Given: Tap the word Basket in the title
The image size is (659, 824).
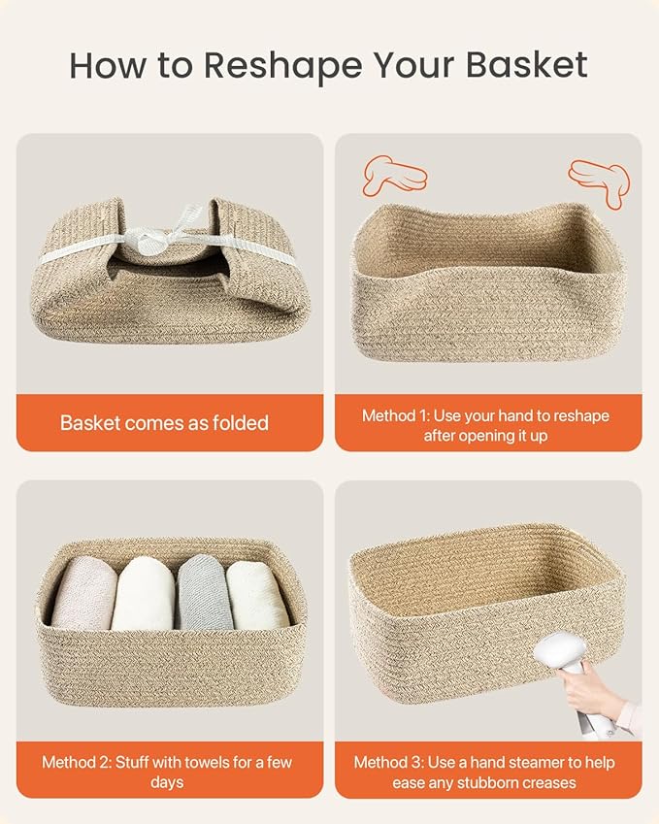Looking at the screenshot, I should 527,65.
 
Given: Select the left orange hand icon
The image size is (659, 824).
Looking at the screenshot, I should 393,176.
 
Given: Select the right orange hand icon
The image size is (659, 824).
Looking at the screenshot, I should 599,181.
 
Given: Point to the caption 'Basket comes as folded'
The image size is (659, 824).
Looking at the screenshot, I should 164,423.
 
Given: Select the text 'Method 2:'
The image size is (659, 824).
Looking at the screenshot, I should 77,762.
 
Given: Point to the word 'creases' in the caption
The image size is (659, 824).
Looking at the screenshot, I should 545,782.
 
